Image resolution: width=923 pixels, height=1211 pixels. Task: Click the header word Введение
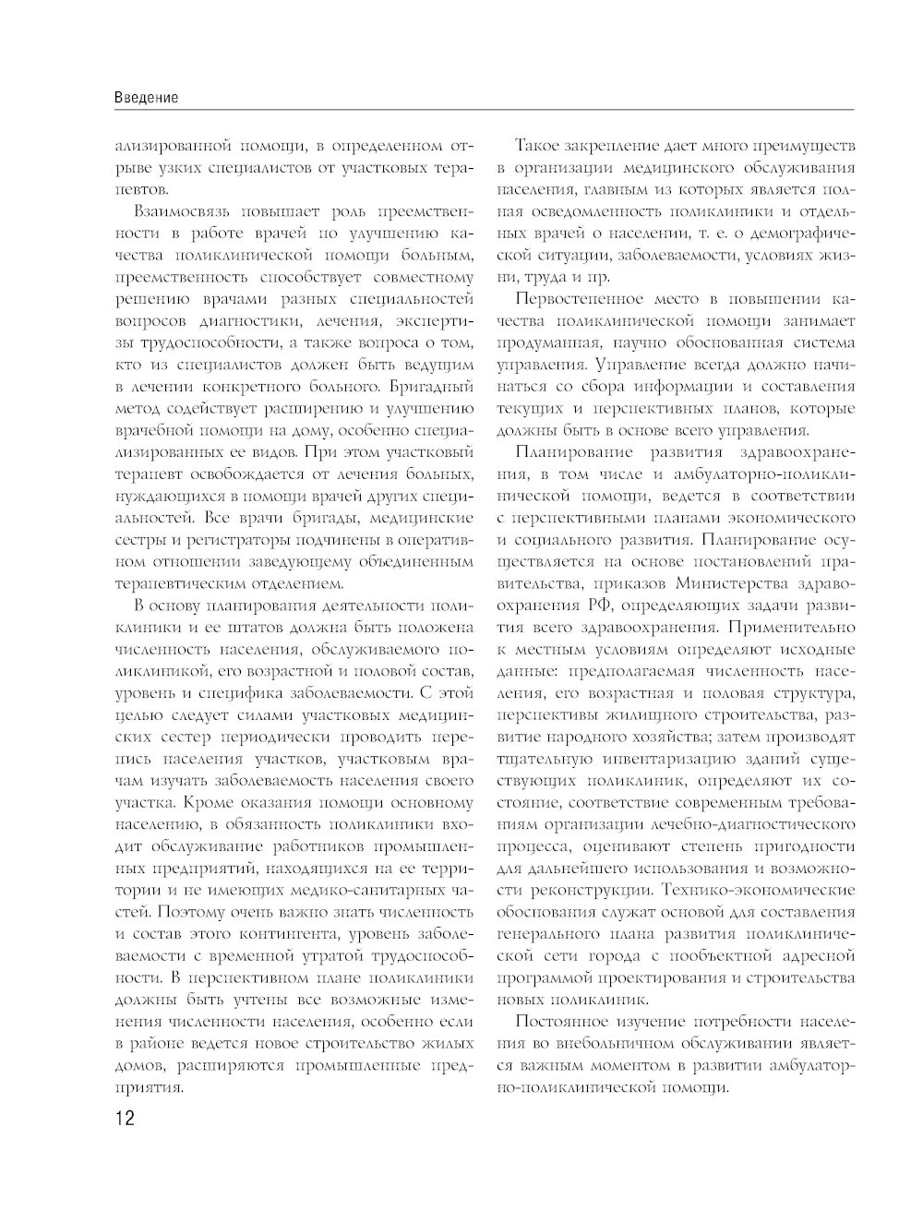pos(147,97)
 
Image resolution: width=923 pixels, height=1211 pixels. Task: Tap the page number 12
pos(125,1119)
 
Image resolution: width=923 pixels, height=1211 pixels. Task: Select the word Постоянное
pos(563,1022)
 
